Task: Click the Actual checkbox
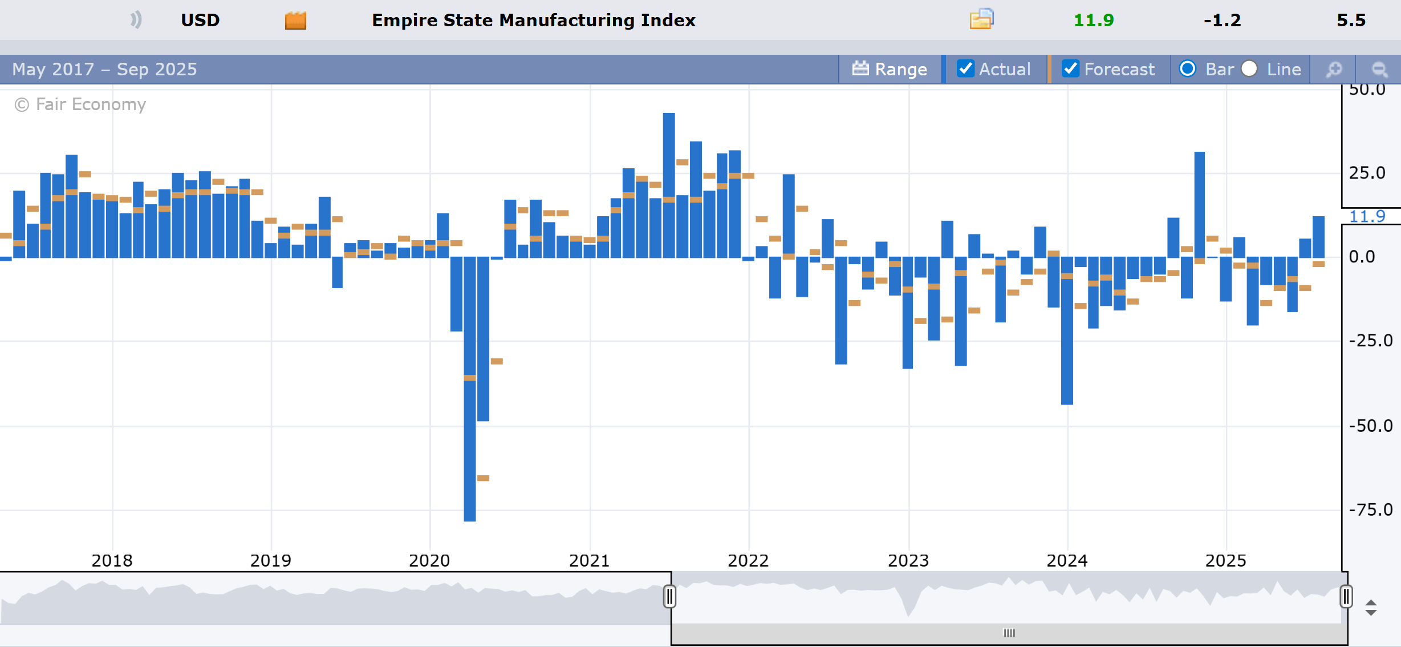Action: click(x=965, y=69)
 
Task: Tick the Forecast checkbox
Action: click(x=1070, y=69)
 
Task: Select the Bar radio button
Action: click(x=1188, y=69)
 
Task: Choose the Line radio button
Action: click(x=1249, y=69)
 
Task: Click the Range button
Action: click(x=890, y=69)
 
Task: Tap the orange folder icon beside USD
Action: click(x=295, y=21)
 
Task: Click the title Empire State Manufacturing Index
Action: click(x=534, y=21)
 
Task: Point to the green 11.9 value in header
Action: click(x=1093, y=21)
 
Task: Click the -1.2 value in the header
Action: click(x=1222, y=21)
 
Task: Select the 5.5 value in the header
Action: click(x=1351, y=21)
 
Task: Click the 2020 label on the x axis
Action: click(x=429, y=560)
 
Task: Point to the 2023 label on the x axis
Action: click(x=908, y=560)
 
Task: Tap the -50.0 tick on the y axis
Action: click(x=1370, y=426)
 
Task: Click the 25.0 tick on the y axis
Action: click(x=1367, y=173)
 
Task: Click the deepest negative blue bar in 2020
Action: click(x=470, y=399)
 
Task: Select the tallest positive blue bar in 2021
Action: click(x=669, y=183)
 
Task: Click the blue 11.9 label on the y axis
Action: click(x=1367, y=216)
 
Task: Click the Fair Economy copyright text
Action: click(x=80, y=104)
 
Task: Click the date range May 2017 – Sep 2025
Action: click(x=104, y=69)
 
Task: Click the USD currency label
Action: click(x=200, y=21)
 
